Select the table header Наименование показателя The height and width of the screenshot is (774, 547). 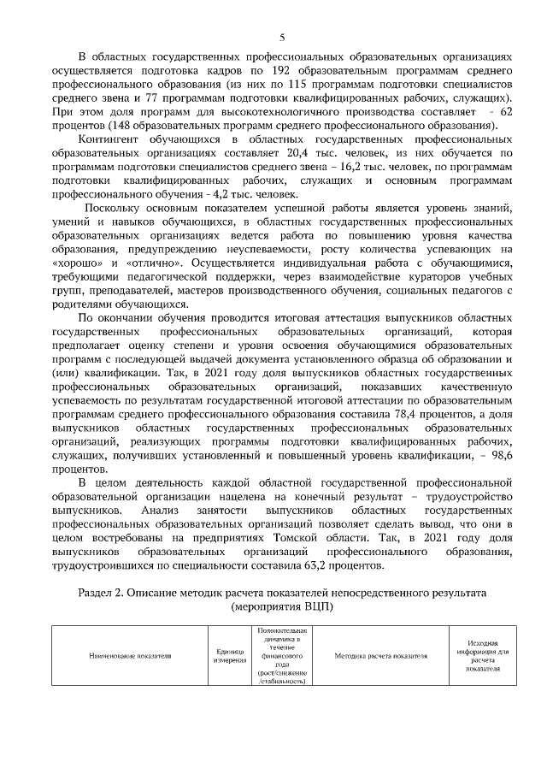[x=130, y=655]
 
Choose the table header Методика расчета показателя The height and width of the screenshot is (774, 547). [x=380, y=655]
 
